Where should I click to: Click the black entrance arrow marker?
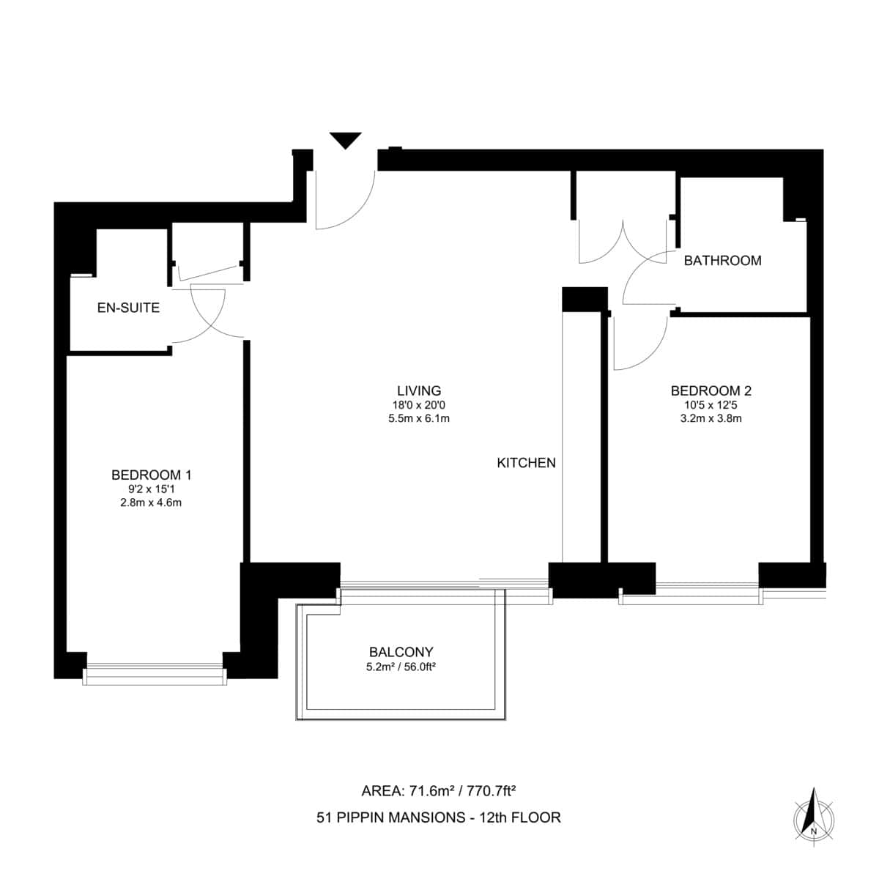tap(346, 140)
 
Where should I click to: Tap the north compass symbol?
tap(813, 814)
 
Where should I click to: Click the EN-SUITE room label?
tap(128, 308)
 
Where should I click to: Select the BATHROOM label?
tap(722, 260)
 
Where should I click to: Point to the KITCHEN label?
tap(526, 463)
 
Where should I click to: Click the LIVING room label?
tap(419, 390)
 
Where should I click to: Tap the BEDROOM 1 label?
tap(151, 475)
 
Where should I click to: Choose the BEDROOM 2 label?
tap(711, 390)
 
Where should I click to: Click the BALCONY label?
tap(401, 651)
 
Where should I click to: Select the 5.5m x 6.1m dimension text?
tap(419, 419)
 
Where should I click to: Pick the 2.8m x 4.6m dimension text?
tap(151, 502)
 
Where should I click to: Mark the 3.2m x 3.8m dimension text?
tap(711, 419)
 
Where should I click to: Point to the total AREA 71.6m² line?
tap(439, 790)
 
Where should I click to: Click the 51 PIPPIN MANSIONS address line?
tap(439, 817)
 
